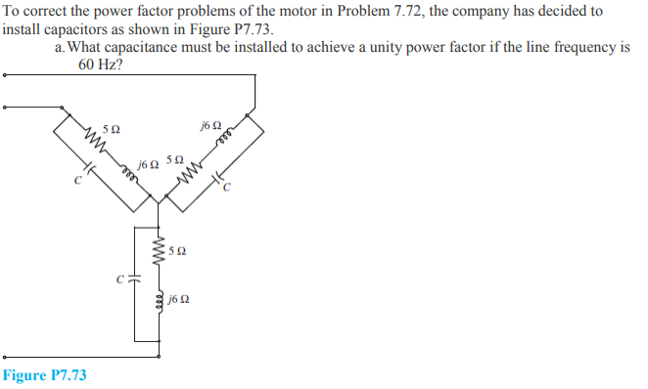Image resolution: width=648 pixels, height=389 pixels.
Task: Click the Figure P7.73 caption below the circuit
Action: [45, 375]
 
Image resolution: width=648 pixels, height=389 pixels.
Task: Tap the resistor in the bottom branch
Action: [157, 251]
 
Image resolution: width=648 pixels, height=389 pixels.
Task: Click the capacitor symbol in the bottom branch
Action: [133, 280]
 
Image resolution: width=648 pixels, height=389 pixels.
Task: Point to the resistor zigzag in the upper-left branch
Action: [94, 145]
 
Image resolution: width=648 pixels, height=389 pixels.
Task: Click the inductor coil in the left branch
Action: [126, 172]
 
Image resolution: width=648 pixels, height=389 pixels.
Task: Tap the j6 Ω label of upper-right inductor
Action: [209, 124]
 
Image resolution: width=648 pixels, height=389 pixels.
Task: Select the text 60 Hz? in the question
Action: [101, 65]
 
